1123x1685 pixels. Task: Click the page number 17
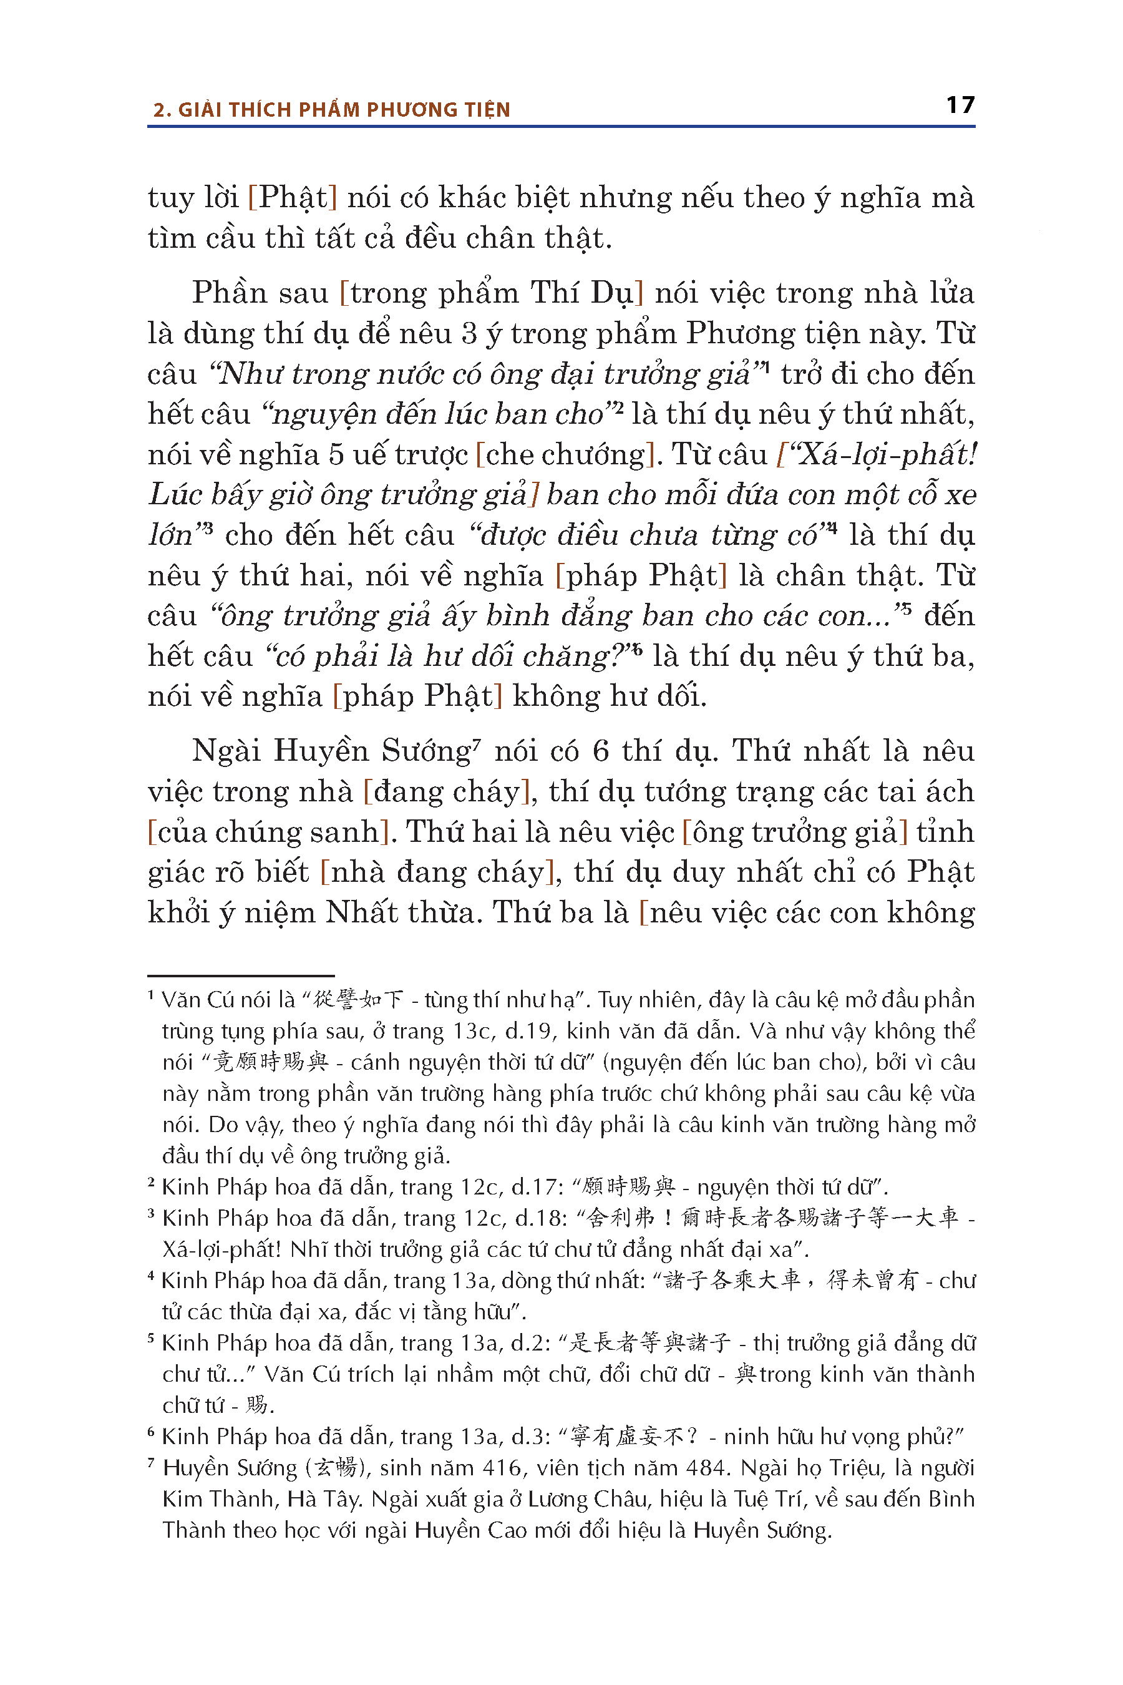960,105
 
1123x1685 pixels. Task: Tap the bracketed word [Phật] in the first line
292,198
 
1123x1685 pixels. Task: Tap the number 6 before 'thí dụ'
601,751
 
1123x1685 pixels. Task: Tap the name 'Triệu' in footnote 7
856,1468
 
